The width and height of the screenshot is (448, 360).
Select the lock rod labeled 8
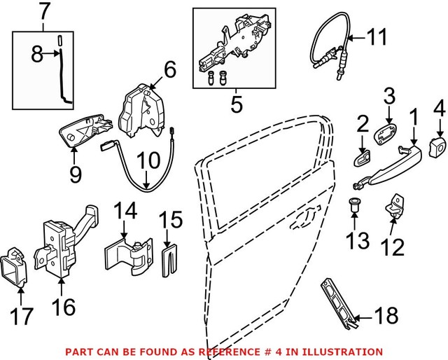(65, 77)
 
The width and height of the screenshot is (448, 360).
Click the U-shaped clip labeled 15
(168, 261)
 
